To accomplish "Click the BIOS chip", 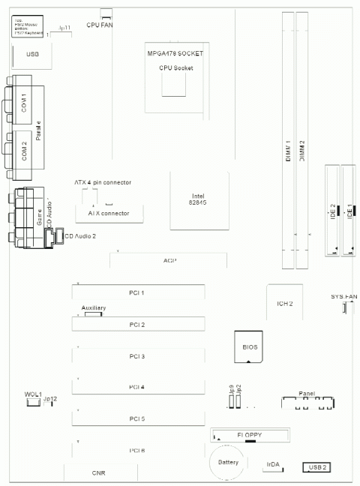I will click(249, 347).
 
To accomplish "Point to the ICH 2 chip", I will click(284, 303).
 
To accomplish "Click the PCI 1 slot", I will click(138, 292).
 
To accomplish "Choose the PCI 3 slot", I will click(138, 355).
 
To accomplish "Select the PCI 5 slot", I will click(138, 418).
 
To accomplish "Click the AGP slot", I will click(169, 260).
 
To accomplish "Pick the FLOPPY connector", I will click(250, 434).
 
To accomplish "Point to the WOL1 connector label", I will click(31, 394).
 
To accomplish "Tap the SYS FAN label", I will click(344, 297).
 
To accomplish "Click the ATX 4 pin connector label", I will click(102, 182).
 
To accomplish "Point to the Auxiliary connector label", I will click(93, 308).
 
